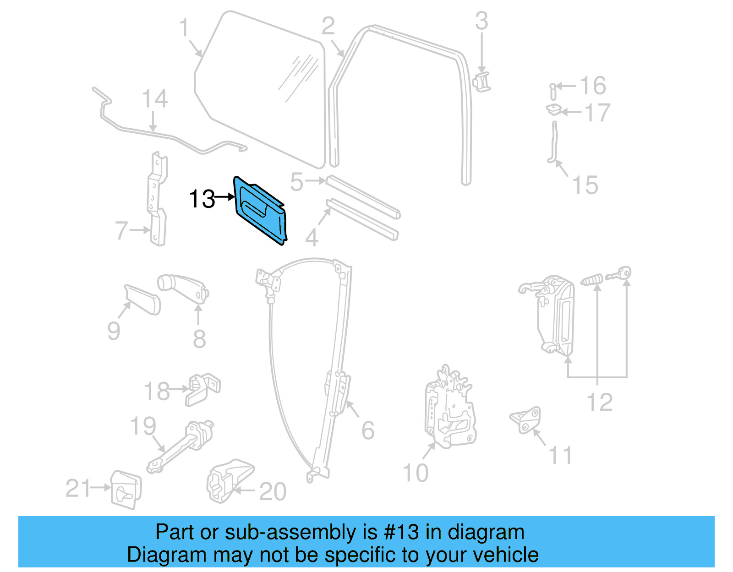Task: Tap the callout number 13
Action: (x=202, y=199)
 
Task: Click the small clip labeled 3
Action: (x=481, y=82)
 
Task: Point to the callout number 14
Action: (x=155, y=99)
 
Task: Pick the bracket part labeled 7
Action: (x=157, y=202)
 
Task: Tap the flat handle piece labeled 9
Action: (x=142, y=300)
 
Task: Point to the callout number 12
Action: (x=599, y=403)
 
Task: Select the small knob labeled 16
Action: (x=553, y=90)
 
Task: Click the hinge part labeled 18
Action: (x=202, y=389)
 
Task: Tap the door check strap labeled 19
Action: (x=181, y=447)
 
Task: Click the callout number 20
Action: (x=273, y=492)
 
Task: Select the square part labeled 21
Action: (x=126, y=489)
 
